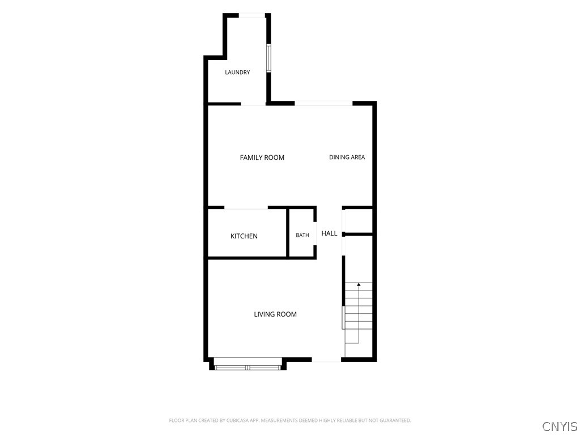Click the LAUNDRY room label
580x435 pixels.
click(x=237, y=72)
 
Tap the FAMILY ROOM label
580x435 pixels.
click(x=262, y=157)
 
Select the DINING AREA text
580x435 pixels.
click(x=347, y=157)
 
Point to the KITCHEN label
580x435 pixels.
click(x=244, y=236)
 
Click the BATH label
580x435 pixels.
click(x=302, y=235)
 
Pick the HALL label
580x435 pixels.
click(x=329, y=233)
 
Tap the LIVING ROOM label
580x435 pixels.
click(x=275, y=314)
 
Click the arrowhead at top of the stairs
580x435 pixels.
click(x=359, y=284)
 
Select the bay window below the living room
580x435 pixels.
click(x=248, y=364)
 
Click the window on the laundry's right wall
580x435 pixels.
click(x=269, y=58)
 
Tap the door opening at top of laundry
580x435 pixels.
click(x=252, y=15)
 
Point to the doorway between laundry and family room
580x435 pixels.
click(x=253, y=104)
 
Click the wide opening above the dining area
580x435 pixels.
click(x=323, y=103)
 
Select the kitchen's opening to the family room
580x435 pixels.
click(x=246, y=208)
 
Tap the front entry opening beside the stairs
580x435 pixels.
click(x=326, y=360)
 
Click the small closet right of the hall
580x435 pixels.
click(x=359, y=221)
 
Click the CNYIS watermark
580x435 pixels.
click(x=560, y=426)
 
